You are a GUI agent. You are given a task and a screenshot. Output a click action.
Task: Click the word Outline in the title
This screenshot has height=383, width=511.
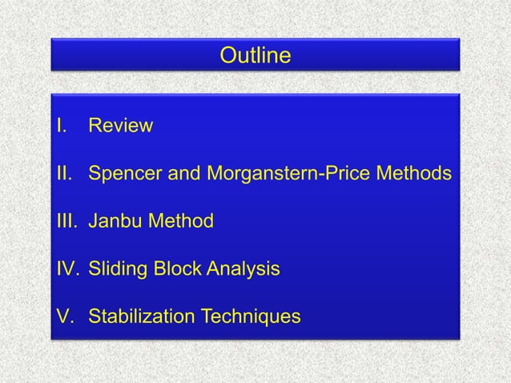point(255,57)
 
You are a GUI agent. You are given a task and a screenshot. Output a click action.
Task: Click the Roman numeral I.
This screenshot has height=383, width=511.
point(58,127)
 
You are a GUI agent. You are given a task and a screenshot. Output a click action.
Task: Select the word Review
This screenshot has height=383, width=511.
point(120,127)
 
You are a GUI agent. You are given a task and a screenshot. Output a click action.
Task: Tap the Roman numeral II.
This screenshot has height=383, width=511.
point(62,173)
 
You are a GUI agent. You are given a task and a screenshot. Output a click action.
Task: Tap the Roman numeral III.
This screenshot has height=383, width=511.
point(64,220)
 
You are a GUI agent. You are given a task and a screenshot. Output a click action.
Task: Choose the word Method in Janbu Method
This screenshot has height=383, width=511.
point(180,220)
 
